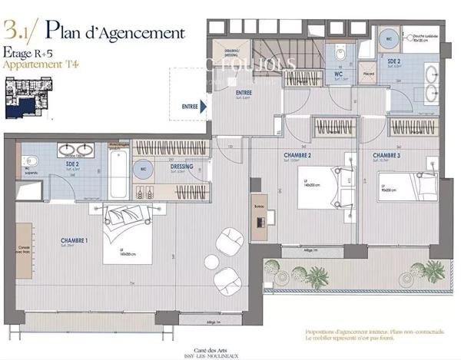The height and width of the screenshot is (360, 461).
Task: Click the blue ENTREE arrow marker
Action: pos(203,107)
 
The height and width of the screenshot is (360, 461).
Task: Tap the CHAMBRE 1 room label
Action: pos(75,241)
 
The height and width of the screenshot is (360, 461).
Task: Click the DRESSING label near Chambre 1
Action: pos(181,167)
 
